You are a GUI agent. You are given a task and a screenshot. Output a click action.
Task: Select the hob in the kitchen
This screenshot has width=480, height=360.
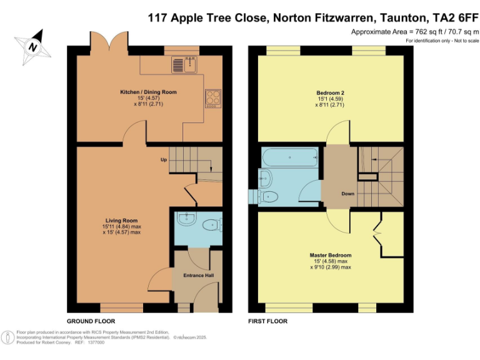(213, 98)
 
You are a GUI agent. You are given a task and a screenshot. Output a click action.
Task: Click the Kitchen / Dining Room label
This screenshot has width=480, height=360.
(149, 92)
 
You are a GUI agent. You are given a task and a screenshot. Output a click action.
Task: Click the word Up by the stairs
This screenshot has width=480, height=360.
(164, 160)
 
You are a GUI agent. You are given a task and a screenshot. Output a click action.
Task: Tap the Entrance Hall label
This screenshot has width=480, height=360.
(197, 275)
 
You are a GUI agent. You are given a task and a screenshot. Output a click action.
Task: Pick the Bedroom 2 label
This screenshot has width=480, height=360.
(331, 93)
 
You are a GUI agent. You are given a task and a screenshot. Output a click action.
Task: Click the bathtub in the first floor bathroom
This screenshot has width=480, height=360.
(291, 157)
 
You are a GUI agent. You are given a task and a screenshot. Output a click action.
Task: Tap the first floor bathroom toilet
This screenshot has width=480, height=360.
(268, 196)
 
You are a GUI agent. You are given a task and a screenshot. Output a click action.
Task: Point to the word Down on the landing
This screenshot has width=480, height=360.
(348, 194)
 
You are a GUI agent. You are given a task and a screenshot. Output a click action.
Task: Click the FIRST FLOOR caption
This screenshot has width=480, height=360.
(267, 321)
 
